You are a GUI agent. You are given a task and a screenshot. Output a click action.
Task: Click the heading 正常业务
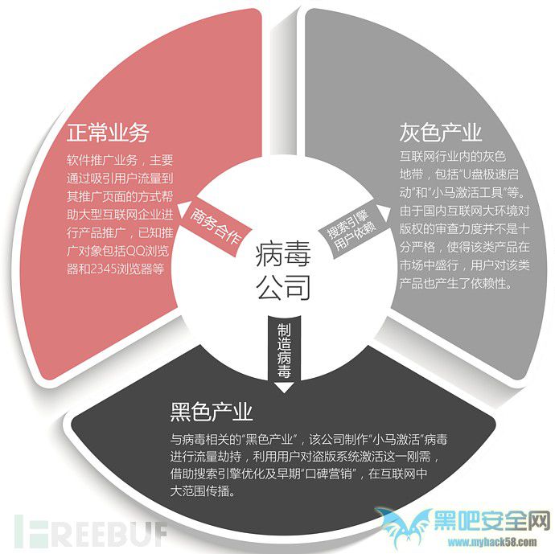click(108, 133)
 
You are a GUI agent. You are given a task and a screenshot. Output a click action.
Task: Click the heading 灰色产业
click(441, 133)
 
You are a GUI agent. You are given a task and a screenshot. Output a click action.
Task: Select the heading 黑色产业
click(212, 412)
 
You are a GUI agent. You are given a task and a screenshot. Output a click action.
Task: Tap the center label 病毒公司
click(283, 270)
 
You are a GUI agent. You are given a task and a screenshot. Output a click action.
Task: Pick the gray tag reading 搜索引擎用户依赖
click(351, 229)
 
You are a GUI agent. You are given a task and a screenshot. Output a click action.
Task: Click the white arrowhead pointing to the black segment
click(284, 388)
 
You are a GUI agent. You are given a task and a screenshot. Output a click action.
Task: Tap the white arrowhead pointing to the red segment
click(182, 210)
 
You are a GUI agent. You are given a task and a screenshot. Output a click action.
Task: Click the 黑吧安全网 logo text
click(492, 520)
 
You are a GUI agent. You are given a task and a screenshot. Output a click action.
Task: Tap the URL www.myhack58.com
click(492, 542)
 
